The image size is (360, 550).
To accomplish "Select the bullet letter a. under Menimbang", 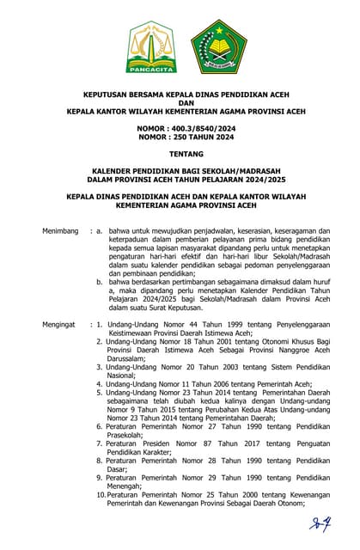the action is (x=101, y=231).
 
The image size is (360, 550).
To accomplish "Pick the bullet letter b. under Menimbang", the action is (x=101, y=279).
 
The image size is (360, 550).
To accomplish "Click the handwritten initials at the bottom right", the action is (x=320, y=522).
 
